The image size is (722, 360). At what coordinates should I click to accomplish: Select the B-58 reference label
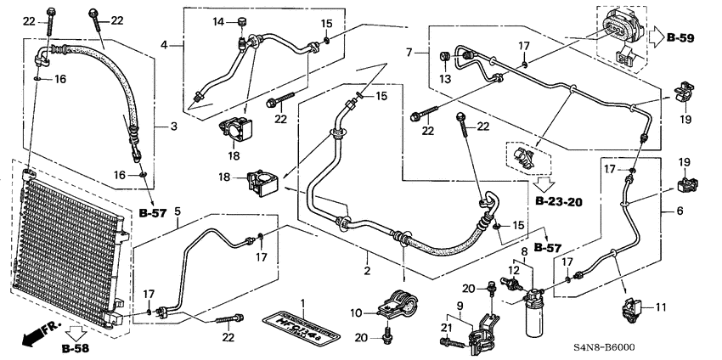76,347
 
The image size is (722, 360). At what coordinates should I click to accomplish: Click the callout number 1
299,303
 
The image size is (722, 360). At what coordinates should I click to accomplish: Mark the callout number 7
411,53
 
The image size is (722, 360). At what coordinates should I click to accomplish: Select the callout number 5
177,211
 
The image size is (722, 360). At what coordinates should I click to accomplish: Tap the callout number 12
512,269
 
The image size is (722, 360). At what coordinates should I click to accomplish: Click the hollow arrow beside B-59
657,38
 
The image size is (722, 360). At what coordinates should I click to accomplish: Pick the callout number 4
166,44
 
